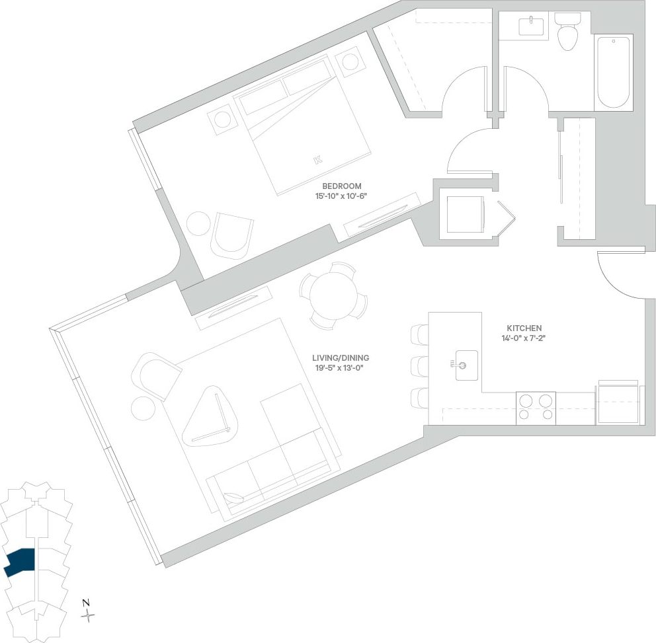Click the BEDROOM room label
pos(341,186)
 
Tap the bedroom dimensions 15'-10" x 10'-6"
pos(341,196)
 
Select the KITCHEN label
pos(524,328)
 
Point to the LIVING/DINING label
pos(341,358)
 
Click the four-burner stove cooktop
pos(536,408)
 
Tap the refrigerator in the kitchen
pos(618,403)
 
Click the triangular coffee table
pos(210,416)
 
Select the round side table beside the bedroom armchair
pos(198,223)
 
